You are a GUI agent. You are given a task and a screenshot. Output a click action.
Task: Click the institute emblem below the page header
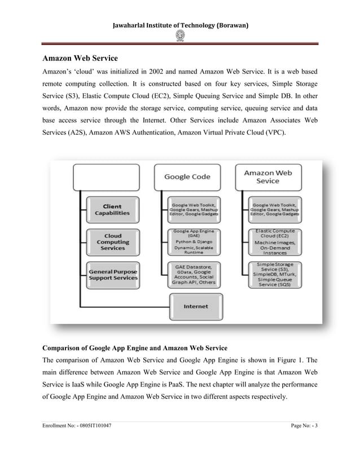[181, 36]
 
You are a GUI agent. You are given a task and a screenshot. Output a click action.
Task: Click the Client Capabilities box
[112, 209]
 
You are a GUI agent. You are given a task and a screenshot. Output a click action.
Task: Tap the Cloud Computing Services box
[112, 242]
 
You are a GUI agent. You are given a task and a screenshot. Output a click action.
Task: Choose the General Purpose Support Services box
[112, 275]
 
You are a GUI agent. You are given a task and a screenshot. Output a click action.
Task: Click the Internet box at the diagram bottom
[195, 306]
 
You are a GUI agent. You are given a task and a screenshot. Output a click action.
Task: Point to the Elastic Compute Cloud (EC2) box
[275, 242]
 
